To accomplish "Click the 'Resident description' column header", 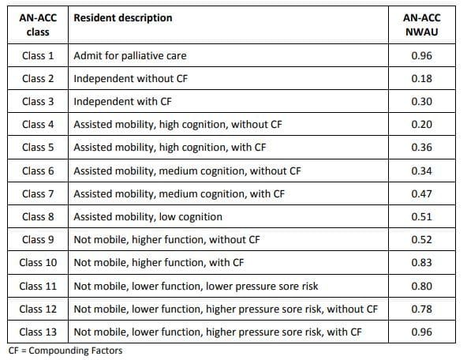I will click(x=123, y=18).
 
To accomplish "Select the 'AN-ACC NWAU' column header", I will click(x=420, y=25).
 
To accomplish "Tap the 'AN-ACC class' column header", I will click(x=38, y=25).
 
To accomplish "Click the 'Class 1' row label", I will click(x=38, y=56).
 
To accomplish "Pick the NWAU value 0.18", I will click(x=420, y=79).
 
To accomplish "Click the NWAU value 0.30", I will click(x=420, y=102).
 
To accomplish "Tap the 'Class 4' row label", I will click(x=38, y=125).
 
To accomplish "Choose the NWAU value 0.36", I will click(x=420, y=148).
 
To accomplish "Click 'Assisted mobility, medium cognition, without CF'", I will click(x=187, y=171).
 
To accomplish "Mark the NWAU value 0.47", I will click(x=420, y=193).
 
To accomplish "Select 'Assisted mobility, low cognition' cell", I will click(x=148, y=216).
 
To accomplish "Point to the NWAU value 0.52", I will click(x=420, y=239).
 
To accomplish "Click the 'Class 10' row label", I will click(x=38, y=262).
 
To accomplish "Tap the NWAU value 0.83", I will click(x=420, y=262).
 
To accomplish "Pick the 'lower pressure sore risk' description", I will click(x=196, y=285).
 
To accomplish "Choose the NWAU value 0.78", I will click(x=420, y=308).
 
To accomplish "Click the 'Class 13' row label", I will click(x=38, y=332).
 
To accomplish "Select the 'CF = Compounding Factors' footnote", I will click(x=65, y=351).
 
